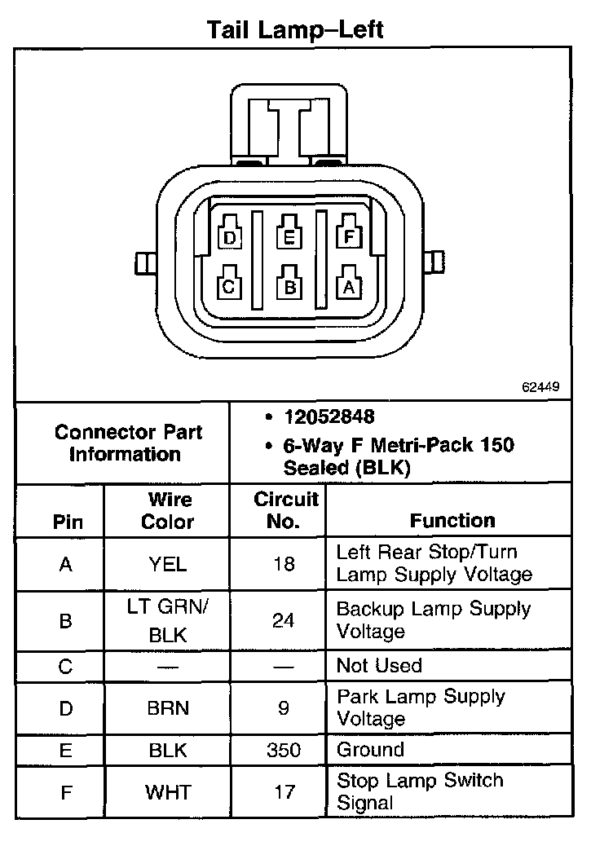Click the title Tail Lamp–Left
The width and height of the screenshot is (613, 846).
pos(294,30)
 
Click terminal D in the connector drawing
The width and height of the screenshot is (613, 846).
pos(230,236)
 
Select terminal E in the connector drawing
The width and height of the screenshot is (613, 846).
pos(288,236)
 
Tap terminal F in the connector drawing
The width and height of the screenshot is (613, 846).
pos(348,236)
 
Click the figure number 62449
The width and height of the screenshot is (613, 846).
pos(540,387)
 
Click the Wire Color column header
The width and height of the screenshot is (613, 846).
pos(167,510)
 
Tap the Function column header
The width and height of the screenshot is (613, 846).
pos(452,521)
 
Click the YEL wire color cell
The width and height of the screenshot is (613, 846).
pos(167,563)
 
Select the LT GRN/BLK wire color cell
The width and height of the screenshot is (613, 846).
pos(168,621)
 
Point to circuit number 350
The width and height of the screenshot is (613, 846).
pos(283,751)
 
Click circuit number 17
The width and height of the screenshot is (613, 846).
pos(283,791)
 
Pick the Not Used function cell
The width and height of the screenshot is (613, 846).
pos(379,666)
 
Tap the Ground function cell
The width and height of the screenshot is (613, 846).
pos(370,750)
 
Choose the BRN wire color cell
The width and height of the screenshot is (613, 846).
pos(168,708)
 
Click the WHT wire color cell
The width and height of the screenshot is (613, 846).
pos(168,791)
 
